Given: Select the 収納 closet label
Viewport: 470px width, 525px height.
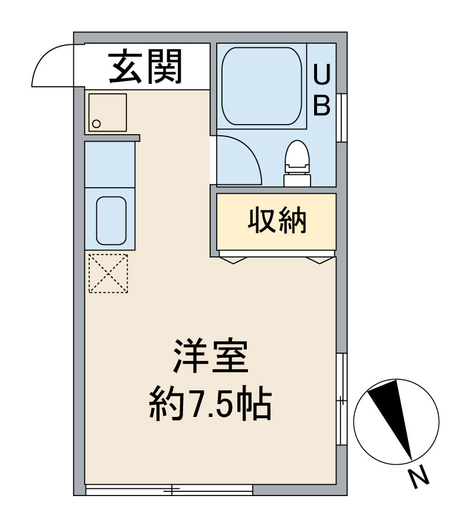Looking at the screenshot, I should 276,221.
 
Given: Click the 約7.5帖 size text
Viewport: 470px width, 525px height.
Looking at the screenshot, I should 210,404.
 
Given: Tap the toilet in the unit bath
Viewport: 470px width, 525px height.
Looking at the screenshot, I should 296,162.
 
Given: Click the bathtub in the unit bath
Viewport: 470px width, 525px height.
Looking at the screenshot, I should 262,86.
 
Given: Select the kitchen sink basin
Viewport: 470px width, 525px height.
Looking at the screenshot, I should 111,219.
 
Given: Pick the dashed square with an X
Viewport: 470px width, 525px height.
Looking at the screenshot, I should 107,273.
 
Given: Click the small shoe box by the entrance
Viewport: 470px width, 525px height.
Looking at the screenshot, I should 107,112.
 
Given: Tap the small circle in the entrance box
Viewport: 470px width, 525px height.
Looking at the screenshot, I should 97,124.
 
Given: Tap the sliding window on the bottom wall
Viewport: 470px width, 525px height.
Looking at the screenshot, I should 169,490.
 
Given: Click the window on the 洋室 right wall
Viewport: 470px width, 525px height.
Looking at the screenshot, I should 341,400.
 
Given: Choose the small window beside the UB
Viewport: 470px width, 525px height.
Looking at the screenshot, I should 341,118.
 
